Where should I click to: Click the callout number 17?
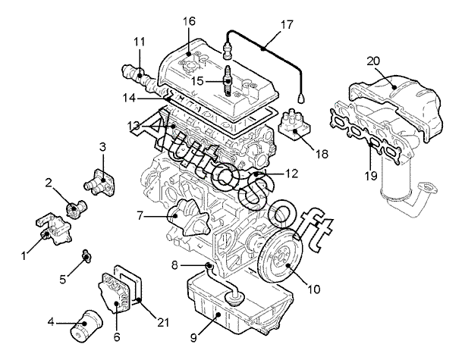tap(287, 24)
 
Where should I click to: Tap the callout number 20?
tap(373, 61)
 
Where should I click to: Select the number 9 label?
tap(193, 337)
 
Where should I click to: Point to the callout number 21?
tap(163, 322)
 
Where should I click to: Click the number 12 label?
tap(291, 174)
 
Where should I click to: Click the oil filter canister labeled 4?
tap(86, 326)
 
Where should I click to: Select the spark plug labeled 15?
tap(228, 80)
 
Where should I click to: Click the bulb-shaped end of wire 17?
tap(301, 99)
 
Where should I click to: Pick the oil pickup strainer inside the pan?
tap(234, 297)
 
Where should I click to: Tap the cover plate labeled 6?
tap(114, 293)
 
